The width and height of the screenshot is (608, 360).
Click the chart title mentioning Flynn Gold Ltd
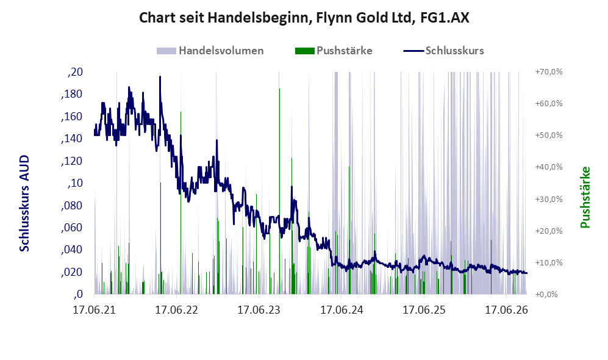304,18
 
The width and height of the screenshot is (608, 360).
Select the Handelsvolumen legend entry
210,51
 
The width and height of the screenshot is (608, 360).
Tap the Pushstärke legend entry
334,51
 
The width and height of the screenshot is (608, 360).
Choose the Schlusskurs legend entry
443,51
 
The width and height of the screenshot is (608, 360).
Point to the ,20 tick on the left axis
75,72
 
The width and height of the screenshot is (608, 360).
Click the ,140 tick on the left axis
72,139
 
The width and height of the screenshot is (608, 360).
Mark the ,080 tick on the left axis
72,205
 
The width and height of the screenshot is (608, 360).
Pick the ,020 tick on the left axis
72,272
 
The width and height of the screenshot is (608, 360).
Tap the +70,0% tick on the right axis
549,72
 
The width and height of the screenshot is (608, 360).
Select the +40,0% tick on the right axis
549,167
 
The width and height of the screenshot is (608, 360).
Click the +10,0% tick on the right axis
549,262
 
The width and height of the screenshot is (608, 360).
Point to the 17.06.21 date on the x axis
95,310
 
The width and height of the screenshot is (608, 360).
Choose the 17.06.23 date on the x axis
259,310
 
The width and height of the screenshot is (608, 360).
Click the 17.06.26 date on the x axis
506,310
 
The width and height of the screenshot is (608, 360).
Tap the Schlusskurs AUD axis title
24,203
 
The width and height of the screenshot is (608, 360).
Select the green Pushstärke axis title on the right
585,197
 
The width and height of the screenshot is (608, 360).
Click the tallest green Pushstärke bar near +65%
279,191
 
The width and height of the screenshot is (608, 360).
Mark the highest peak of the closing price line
160,77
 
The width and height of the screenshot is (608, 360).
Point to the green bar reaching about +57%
181,203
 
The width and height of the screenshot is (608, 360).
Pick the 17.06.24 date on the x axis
342,310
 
